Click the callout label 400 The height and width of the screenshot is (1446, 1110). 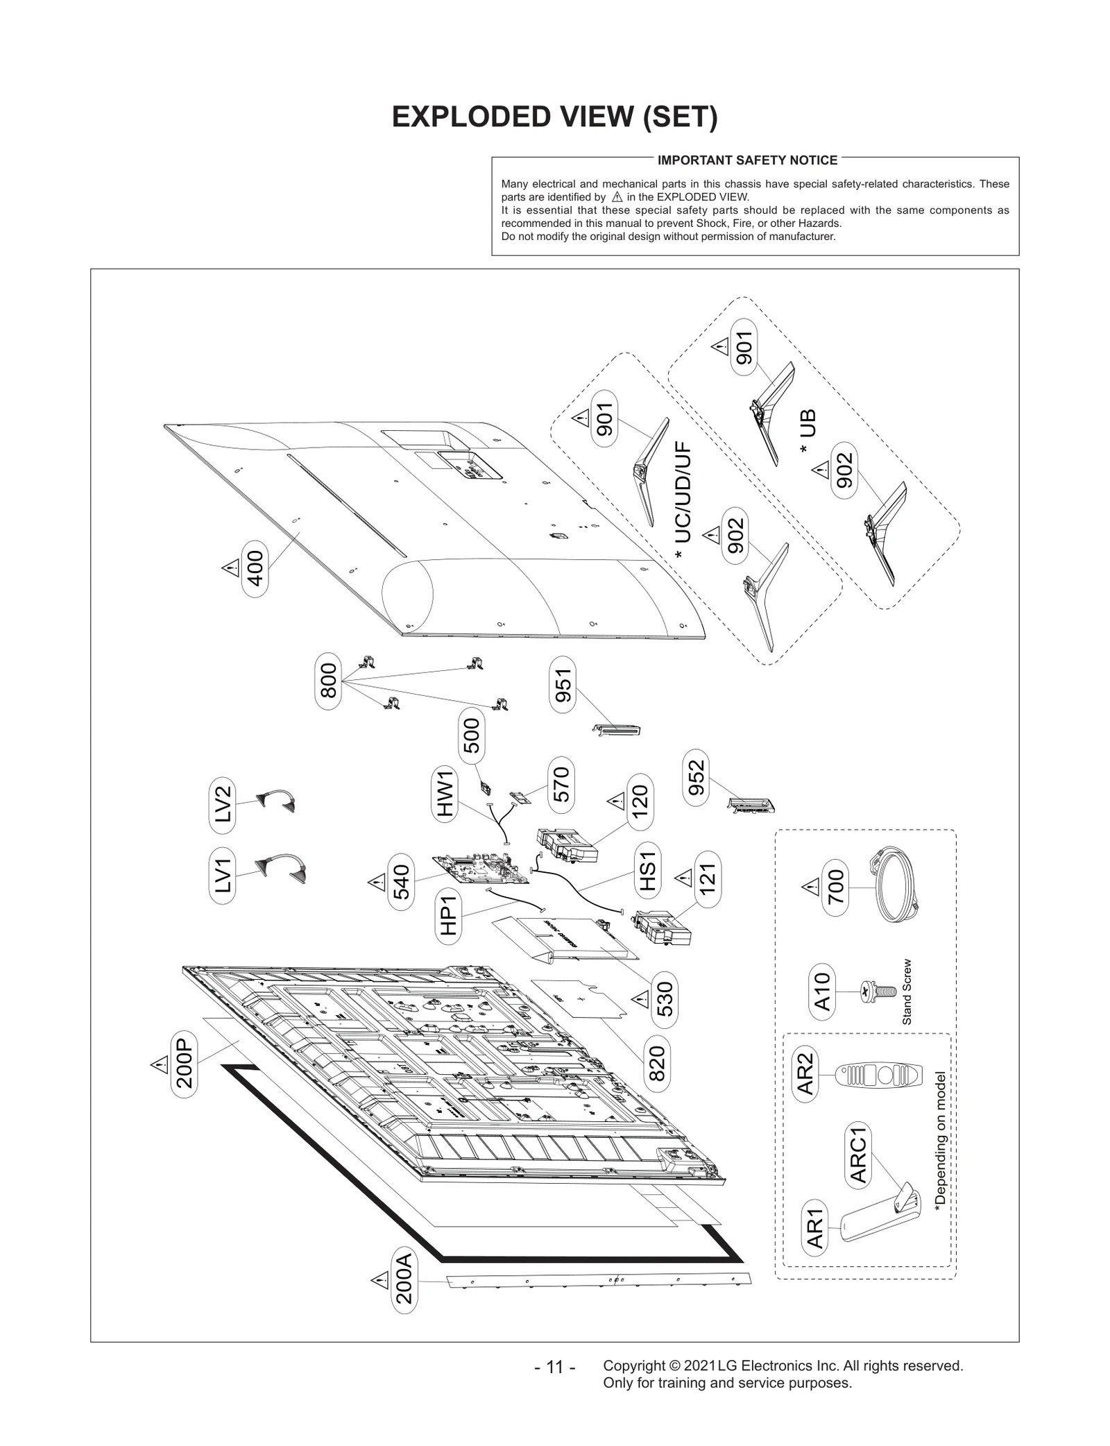[x=255, y=568]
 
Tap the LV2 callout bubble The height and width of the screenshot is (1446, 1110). [x=222, y=804]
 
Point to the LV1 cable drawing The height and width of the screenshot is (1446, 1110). [x=282, y=867]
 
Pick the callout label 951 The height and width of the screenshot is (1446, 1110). [x=563, y=687]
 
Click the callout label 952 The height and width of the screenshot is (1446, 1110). [x=696, y=777]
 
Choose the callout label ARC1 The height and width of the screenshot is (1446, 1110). [x=858, y=1155]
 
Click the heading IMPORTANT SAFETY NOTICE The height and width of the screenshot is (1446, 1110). [x=747, y=160]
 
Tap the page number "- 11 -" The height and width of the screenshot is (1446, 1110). [x=555, y=1367]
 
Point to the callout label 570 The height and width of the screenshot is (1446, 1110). [x=561, y=784]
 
